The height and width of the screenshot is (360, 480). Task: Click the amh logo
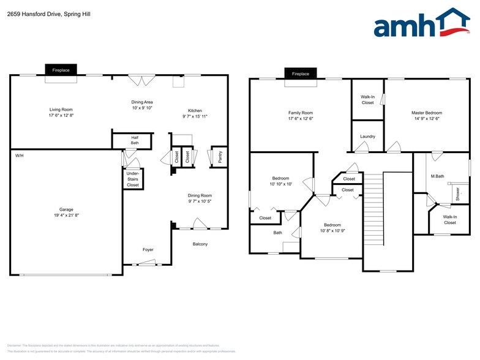[x=422, y=24]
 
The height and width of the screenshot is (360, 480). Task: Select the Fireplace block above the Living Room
[x=60, y=70]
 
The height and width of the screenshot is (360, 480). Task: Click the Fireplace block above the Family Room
[x=300, y=73]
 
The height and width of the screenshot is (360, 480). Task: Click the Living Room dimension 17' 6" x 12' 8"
[x=61, y=116]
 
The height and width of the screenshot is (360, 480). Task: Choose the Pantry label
[x=220, y=157]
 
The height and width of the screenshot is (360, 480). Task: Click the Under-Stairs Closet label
[x=133, y=179]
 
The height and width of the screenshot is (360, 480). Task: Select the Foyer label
[x=148, y=250]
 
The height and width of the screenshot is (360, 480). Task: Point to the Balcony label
[x=200, y=244]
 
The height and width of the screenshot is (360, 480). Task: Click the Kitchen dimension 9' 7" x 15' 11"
[x=195, y=116]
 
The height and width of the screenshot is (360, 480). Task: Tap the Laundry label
[x=367, y=137]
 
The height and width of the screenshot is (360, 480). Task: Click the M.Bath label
[x=437, y=176]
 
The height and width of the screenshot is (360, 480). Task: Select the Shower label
[x=457, y=193]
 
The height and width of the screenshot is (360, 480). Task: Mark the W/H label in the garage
[x=20, y=156]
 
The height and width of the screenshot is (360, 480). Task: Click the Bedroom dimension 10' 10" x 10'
[x=281, y=184]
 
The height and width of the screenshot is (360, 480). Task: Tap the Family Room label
[x=300, y=113]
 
